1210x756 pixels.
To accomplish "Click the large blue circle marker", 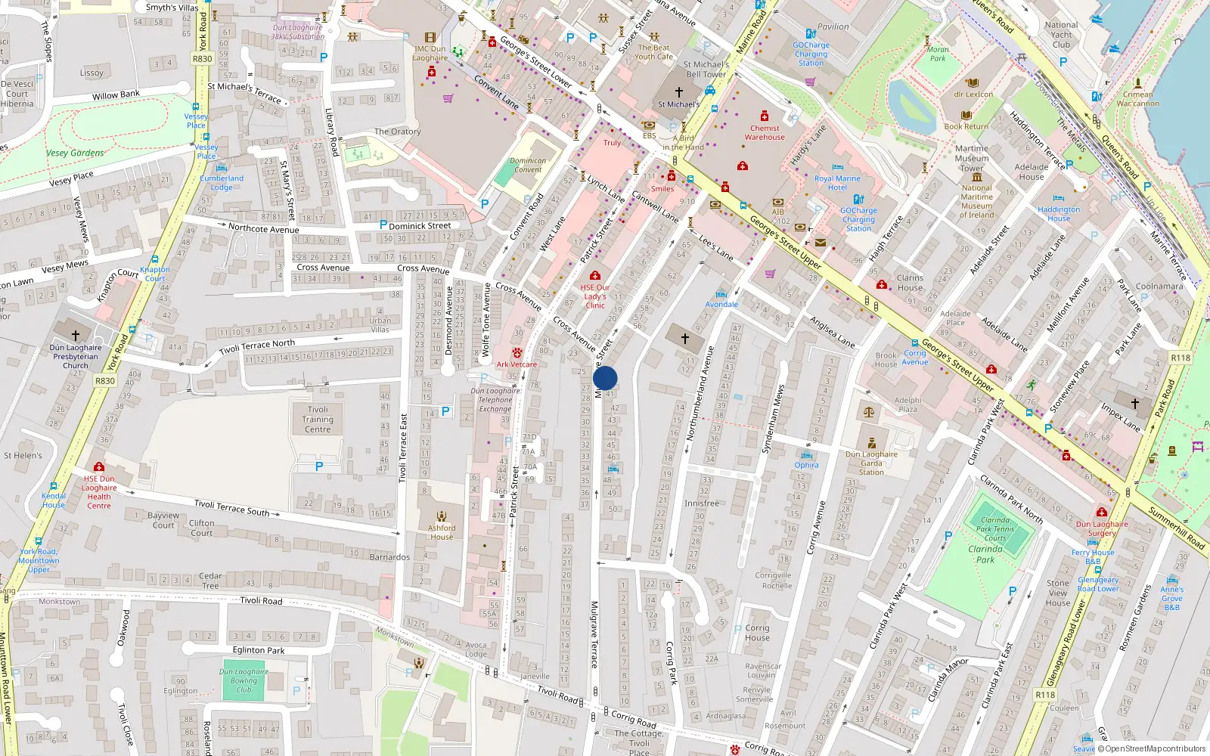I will click(x=605, y=378).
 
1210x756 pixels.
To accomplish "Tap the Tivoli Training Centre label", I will click(x=318, y=420).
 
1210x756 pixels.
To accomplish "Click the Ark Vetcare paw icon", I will click(x=517, y=353).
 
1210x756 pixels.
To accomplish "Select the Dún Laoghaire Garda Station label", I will click(x=871, y=463).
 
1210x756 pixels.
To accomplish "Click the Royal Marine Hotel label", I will click(x=837, y=183).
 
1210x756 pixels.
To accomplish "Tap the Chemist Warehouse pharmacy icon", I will click(x=765, y=116).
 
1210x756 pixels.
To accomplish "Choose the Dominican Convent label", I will click(x=528, y=165).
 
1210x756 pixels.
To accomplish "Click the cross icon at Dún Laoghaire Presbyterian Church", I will click(x=75, y=335).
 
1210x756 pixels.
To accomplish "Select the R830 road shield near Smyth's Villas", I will click(x=202, y=58).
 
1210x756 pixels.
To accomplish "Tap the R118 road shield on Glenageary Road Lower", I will click(x=1045, y=695).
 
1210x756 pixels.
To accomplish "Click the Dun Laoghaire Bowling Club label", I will click(x=244, y=680).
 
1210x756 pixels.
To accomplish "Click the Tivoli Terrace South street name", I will click(x=231, y=508).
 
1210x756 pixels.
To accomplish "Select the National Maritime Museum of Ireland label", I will click(x=976, y=201).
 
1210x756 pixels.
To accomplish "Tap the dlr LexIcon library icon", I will click(x=973, y=83).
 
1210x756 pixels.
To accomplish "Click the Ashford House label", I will click(x=442, y=532).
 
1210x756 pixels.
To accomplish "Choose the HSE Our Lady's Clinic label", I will click(x=595, y=296).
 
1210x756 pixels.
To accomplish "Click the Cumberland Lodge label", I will click(x=222, y=182).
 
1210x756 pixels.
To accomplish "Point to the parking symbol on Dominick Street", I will click(x=383, y=225).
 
